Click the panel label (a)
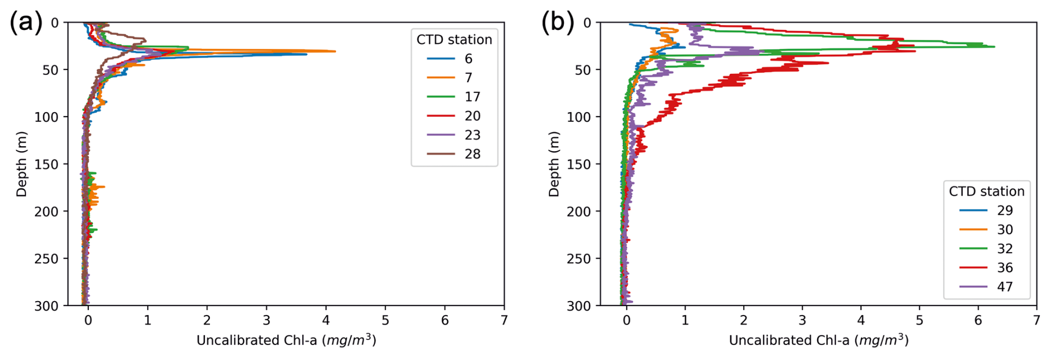point(26,23)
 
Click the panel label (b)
point(558,23)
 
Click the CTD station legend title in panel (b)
point(986,192)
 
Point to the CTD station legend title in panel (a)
point(454,39)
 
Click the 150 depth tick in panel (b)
point(579,164)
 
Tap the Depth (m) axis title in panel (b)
point(554,164)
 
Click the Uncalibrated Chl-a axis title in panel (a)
point(286,340)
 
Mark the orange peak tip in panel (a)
point(335,51)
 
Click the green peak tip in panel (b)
point(994,47)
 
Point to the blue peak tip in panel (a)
point(307,54)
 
